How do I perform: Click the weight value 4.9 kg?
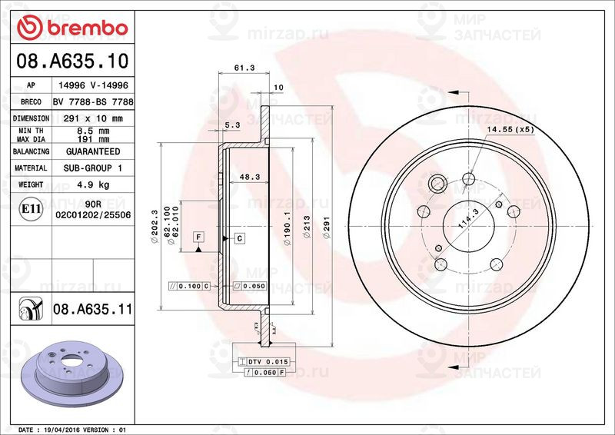(92, 184)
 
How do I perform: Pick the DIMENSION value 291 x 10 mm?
(92, 118)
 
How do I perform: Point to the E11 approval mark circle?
(31, 208)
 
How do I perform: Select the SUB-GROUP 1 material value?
(92, 168)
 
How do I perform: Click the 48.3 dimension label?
(248, 176)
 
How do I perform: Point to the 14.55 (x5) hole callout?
(510, 128)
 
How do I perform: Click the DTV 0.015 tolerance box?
(265, 361)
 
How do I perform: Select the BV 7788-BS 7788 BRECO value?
(93, 102)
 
